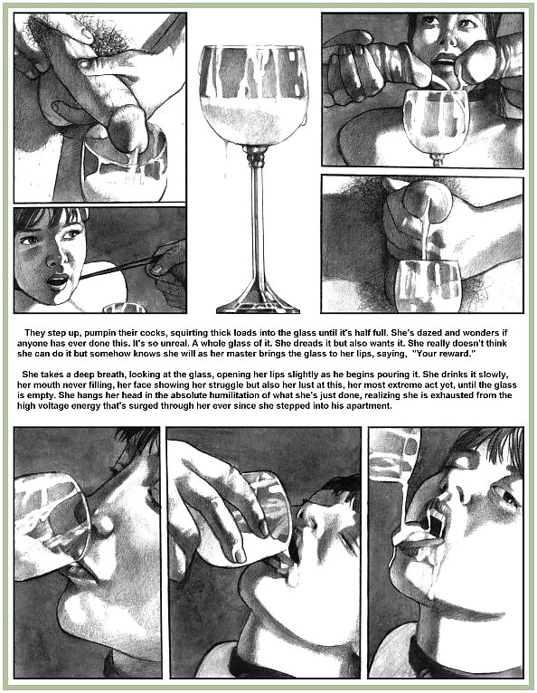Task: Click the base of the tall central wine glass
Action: tap(258, 303)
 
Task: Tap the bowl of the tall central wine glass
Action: tap(253, 95)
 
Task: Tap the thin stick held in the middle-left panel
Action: tap(118, 268)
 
